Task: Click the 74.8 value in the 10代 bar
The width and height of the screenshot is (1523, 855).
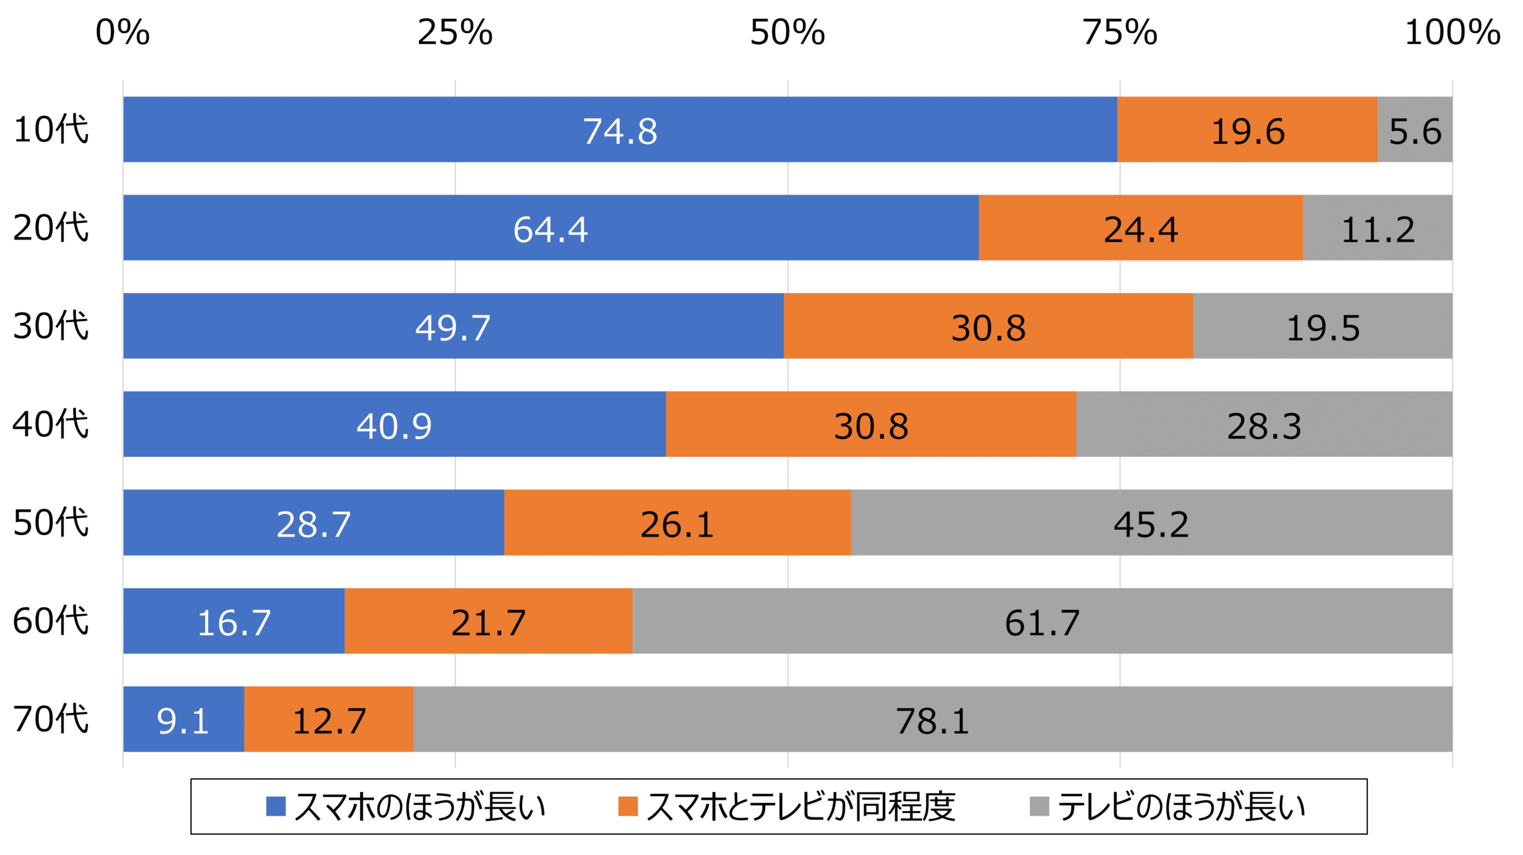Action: [x=619, y=131]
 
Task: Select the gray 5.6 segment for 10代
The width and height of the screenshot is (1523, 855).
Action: [x=1415, y=131]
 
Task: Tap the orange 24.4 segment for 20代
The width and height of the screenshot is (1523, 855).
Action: [x=1140, y=230]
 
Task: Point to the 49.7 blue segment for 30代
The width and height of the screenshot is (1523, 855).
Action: [x=453, y=328]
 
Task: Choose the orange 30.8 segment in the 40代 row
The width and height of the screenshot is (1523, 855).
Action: [x=871, y=426]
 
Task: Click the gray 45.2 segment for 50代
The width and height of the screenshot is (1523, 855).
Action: [x=1151, y=524]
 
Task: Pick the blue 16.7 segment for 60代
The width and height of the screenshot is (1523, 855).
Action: [x=234, y=623]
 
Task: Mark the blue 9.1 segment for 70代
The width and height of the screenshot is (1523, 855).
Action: [x=183, y=721]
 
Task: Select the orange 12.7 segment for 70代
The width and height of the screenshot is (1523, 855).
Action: [x=329, y=721]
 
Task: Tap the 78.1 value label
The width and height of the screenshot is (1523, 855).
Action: [x=932, y=721]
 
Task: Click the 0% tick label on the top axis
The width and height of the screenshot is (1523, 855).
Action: [x=123, y=32]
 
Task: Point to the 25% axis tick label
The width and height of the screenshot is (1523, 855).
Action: [x=455, y=32]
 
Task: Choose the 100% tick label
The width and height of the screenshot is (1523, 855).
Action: [x=1452, y=32]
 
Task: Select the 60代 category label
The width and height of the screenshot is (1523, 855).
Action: [x=51, y=621]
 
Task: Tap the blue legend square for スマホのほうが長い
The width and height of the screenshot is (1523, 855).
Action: [x=275, y=807]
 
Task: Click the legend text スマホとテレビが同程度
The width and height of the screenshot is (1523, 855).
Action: [x=800, y=807]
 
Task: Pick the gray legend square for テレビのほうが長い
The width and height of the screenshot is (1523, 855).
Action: [x=1039, y=807]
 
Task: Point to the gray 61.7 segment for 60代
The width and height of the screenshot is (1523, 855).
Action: [x=1042, y=623]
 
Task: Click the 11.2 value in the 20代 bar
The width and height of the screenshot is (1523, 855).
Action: [x=1377, y=230]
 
